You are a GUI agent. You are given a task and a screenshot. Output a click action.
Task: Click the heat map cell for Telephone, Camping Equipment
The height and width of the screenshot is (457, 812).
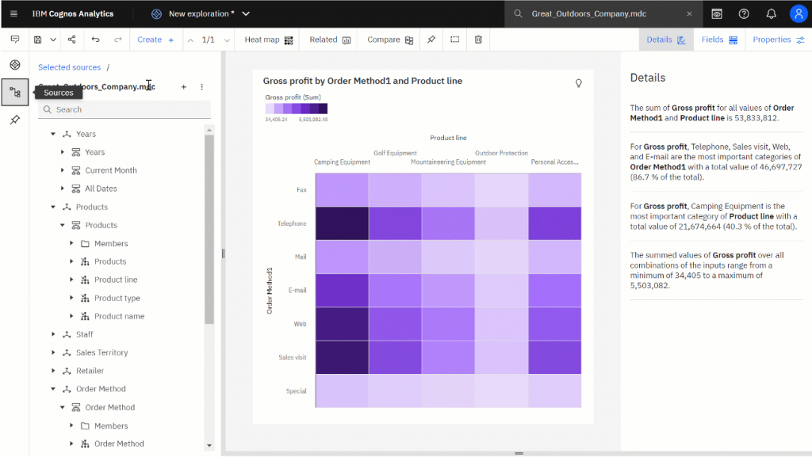pyautogui.click(x=342, y=223)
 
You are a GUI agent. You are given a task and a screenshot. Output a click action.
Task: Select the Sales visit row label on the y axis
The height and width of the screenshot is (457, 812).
pyautogui.click(x=292, y=357)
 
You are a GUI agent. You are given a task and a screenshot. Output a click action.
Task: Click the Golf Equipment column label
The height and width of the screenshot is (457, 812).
pyautogui.click(x=395, y=153)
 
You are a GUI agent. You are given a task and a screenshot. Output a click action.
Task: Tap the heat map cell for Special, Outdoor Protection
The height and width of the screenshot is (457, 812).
pyautogui.click(x=501, y=390)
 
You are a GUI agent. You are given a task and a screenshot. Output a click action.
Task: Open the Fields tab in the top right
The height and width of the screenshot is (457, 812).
pyautogui.click(x=719, y=40)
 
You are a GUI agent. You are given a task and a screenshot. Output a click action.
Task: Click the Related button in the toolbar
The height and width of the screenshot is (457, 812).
pyautogui.click(x=330, y=40)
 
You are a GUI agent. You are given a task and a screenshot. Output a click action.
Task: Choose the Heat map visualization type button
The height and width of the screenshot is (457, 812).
pyautogui.click(x=268, y=40)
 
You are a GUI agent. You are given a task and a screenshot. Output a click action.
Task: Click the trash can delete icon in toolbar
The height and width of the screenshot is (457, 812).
pyautogui.click(x=478, y=40)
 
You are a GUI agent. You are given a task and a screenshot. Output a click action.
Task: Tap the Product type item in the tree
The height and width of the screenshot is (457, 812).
pyautogui.click(x=117, y=298)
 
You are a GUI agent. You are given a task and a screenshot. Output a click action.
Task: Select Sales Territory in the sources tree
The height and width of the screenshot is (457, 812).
pyautogui.click(x=101, y=352)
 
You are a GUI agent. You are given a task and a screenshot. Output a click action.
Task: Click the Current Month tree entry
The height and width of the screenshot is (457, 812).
pyautogui.click(x=111, y=170)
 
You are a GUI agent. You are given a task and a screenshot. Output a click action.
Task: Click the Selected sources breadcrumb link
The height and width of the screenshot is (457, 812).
pyautogui.click(x=70, y=67)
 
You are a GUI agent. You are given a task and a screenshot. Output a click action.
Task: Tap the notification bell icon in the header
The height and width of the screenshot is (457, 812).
pyautogui.click(x=771, y=13)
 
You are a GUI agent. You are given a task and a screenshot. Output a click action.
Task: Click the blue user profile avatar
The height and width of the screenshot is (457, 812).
pyautogui.click(x=799, y=13)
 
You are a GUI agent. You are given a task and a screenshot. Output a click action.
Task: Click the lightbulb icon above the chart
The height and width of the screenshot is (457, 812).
pyautogui.click(x=579, y=82)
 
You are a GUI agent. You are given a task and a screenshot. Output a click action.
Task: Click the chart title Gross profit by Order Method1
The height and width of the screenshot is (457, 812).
pyautogui.click(x=362, y=81)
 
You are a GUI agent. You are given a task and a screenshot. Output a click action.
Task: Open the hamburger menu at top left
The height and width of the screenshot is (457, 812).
pyautogui.click(x=13, y=13)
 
